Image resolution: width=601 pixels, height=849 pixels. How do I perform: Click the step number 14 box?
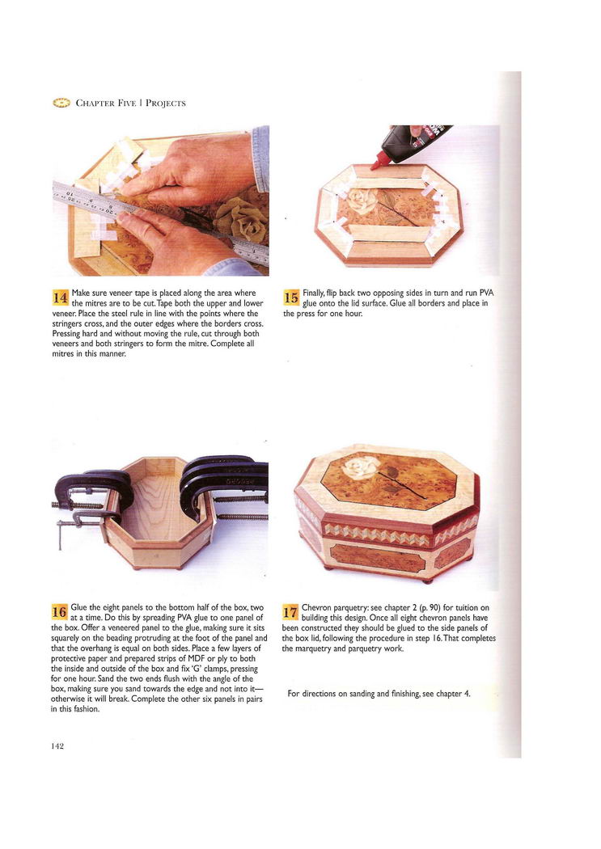[59, 298]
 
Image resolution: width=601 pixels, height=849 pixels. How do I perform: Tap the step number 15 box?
[290, 298]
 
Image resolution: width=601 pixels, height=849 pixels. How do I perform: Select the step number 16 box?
[59, 612]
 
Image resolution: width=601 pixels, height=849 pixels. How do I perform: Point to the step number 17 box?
[290, 612]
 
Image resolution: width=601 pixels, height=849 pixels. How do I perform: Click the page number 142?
[57, 746]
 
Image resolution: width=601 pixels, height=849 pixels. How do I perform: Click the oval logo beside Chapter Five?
[61, 103]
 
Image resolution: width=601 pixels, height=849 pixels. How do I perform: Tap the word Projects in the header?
[165, 103]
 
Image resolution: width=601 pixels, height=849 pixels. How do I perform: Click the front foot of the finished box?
[428, 580]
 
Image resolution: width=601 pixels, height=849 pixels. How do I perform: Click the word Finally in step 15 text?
[314, 293]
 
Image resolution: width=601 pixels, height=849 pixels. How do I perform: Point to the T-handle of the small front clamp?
[60, 535]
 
